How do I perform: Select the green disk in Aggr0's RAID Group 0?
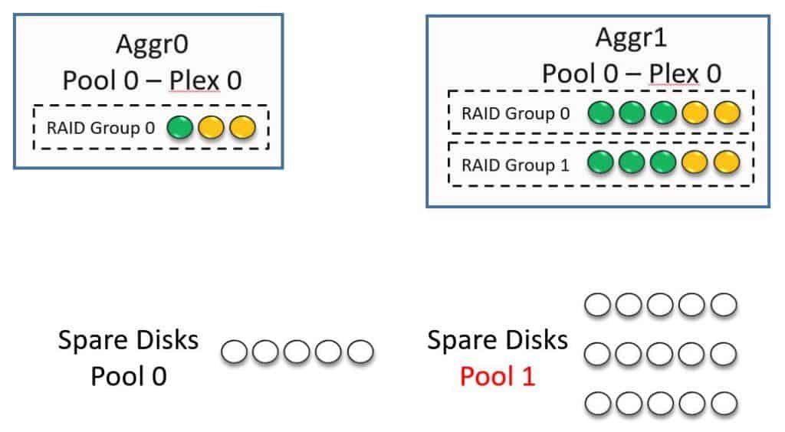(x=180, y=126)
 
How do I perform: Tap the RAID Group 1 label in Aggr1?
(x=515, y=164)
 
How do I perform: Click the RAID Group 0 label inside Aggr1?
(x=515, y=113)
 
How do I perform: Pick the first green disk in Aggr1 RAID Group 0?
(x=601, y=113)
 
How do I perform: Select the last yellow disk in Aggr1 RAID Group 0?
(x=727, y=113)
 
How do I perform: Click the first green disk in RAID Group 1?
(x=601, y=163)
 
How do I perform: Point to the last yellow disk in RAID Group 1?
(x=727, y=163)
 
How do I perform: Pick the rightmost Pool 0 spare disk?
(x=360, y=352)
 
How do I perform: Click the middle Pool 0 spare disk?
(x=297, y=352)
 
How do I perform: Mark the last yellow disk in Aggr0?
(x=242, y=126)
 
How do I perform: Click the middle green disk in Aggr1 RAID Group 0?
(x=632, y=113)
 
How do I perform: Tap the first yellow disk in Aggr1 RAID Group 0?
(x=695, y=113)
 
